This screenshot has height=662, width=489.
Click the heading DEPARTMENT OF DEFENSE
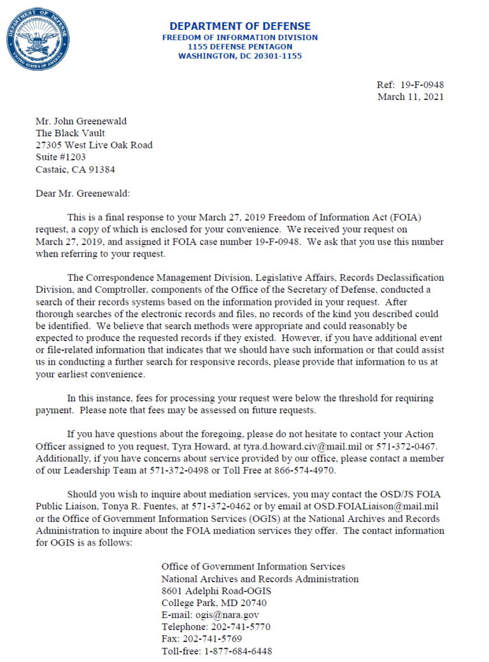240,26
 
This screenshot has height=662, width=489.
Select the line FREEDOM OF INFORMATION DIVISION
240,38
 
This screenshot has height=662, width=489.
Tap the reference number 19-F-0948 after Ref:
422,85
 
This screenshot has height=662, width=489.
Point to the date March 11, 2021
411,97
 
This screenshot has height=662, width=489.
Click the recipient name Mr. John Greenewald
80,121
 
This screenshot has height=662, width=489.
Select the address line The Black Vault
70,133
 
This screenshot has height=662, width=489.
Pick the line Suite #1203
60,157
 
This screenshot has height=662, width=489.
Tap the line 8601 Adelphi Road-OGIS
216,591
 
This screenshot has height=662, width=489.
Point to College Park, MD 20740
214,603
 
